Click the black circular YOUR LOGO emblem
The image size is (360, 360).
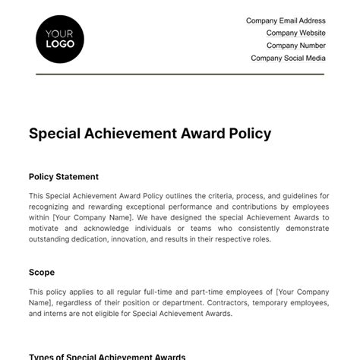60,38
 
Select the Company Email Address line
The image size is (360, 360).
286,21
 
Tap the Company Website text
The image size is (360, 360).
295,33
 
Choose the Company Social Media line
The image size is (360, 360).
288,58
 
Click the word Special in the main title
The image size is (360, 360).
54,134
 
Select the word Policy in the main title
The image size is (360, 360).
248,134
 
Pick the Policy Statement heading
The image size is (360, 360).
64,177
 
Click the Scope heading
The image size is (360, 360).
42,272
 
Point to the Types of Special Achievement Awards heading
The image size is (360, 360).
107,356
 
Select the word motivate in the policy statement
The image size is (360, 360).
46,227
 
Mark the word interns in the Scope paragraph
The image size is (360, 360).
57,314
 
